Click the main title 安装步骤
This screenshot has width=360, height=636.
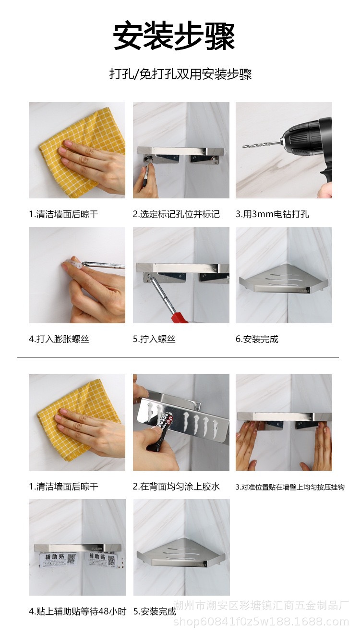click(x=174, y=37)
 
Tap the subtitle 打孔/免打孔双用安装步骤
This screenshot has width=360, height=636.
click(x=180, y=74)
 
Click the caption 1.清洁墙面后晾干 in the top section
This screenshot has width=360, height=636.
click(x=63, y=214)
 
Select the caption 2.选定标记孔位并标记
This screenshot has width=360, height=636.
click(x=176, y=214)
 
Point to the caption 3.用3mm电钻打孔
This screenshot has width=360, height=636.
click(x=272, y=214)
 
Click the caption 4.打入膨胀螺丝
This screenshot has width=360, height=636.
click(x=59, y=339)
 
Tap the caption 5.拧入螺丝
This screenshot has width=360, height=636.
click(x=154, y=339)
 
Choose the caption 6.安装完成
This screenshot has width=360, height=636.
click(x=257, y=339)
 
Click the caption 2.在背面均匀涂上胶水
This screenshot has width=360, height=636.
click(x=176, y=487)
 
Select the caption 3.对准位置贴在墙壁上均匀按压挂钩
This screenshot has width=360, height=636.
click(x=290, y=487)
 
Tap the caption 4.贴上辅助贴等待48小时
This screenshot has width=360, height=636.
click(x=77, y=611)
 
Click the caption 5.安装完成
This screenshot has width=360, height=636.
click(x=155, y=611)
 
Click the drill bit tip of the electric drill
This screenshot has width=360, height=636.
click(x=243, y=147)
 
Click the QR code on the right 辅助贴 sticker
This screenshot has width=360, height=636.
click(x=111, y=560)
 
